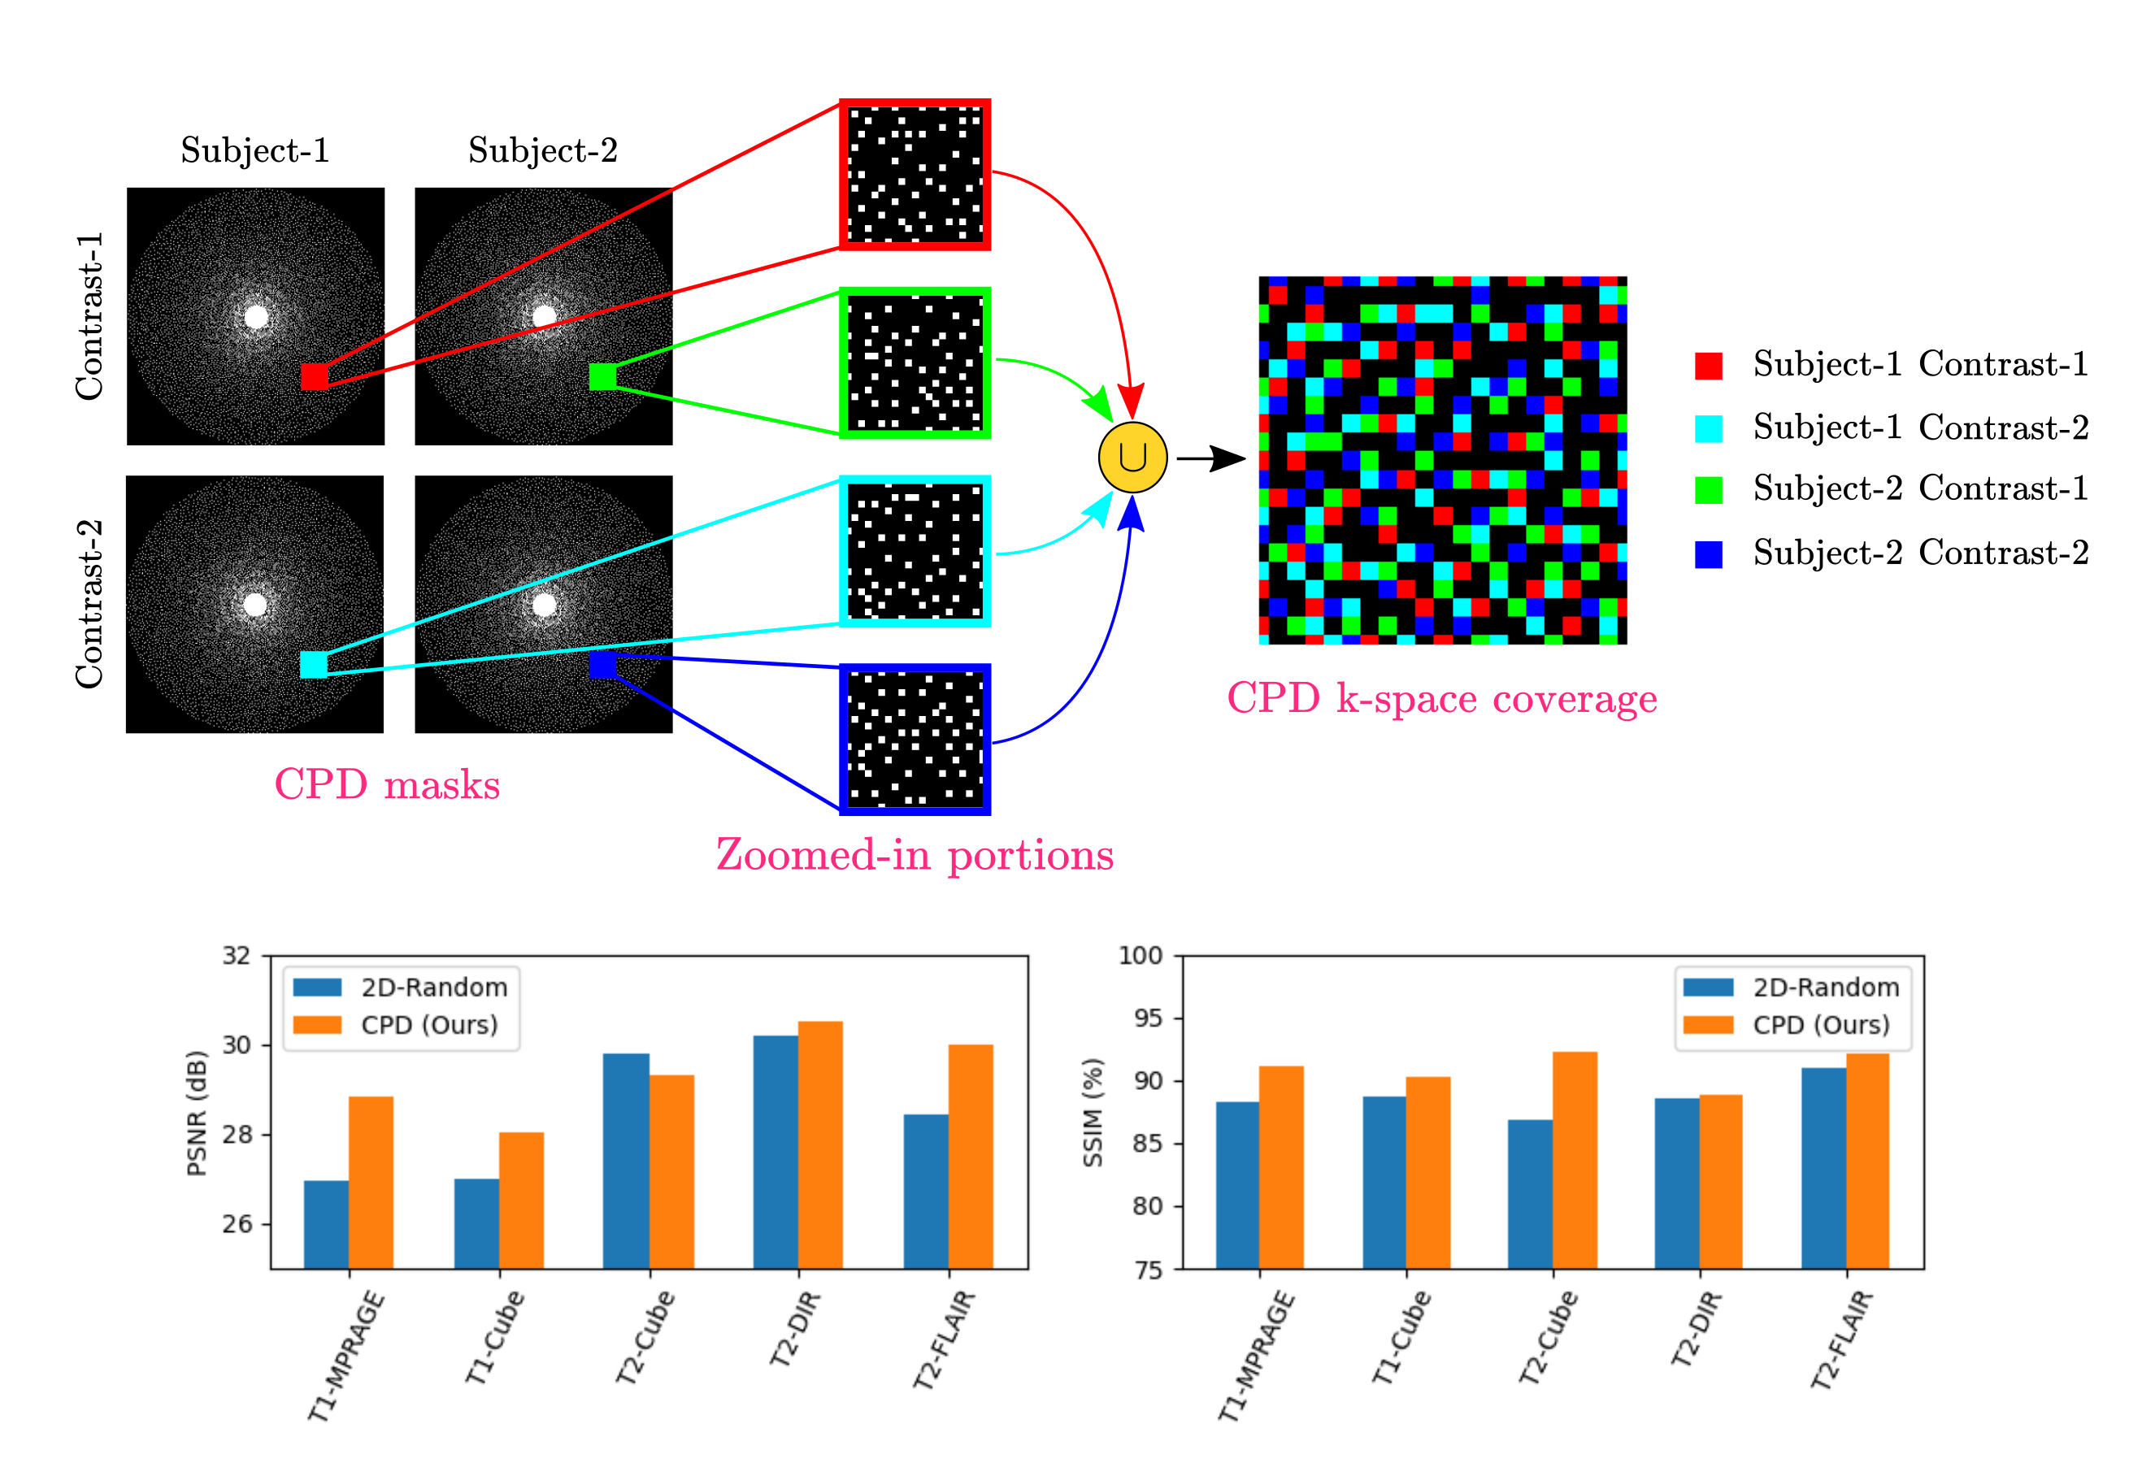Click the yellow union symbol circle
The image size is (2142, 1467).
point(1132,457)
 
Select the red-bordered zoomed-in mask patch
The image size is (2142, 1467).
point(915,174)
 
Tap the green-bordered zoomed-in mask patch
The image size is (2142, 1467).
point(915,363)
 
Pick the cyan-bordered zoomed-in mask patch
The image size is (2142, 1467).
point(915,551)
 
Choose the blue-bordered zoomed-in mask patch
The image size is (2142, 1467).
point(915,739)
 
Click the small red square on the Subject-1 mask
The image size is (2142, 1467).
point(315,376)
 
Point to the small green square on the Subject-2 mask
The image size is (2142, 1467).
point(603,376)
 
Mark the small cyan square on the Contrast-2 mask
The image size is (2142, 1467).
point(313,664)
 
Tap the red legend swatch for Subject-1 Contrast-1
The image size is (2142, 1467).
point(1708,366)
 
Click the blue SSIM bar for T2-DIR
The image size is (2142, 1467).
point(1676,1183)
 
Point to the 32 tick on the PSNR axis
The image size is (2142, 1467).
point(237,956)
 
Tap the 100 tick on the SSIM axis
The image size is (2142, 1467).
point(1141,956)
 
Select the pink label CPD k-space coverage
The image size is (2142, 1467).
point(1441,698)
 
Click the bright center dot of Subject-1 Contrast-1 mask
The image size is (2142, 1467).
point(256,317)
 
